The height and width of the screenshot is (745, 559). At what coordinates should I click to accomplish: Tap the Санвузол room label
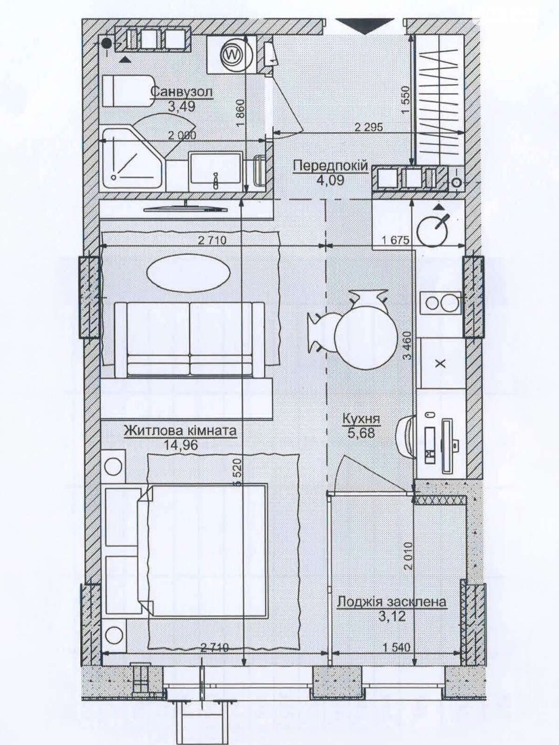[182, 91]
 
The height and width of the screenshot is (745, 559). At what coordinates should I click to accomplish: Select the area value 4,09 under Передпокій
[330, 179]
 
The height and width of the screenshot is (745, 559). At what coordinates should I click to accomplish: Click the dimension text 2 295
[368, 127]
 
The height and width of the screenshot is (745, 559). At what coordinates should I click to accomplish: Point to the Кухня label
[361, 419]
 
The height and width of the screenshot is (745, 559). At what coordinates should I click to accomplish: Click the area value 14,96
[181, 445]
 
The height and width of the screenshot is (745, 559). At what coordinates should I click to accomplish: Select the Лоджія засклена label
[391, 602]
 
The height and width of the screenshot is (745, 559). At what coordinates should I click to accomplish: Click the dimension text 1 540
[396, 647]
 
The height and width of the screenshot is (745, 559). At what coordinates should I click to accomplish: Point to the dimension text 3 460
[408, 345]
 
